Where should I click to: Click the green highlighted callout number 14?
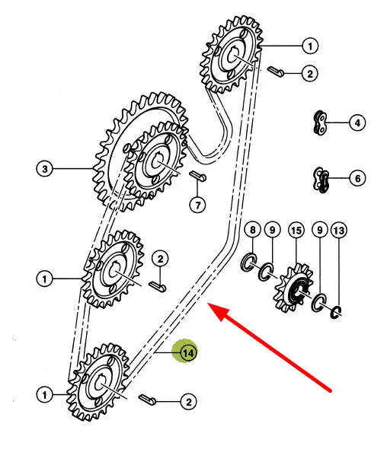pos(188,353)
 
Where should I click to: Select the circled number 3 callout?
pos(45,169)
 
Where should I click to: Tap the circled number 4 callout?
pos(357,123)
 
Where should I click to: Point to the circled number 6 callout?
pos(357,178)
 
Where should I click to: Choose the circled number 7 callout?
pos(197,205)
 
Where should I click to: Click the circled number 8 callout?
pos(252,230)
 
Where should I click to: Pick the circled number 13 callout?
pos(339,231)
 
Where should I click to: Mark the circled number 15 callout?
pos(296,231)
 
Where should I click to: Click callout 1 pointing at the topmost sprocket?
pos(310,46)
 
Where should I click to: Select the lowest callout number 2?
pos(188,402)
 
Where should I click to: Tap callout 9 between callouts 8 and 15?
pos(272,230)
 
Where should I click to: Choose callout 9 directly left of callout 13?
pos(320,231)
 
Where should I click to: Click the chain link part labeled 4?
pos(320,123)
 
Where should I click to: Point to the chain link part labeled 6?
pos(321,180)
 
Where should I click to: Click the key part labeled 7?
pos(198,176)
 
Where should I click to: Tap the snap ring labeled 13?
pos(336,312)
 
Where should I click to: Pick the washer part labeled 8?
pos(248,262)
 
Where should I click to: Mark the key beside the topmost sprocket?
pos(276,72)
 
